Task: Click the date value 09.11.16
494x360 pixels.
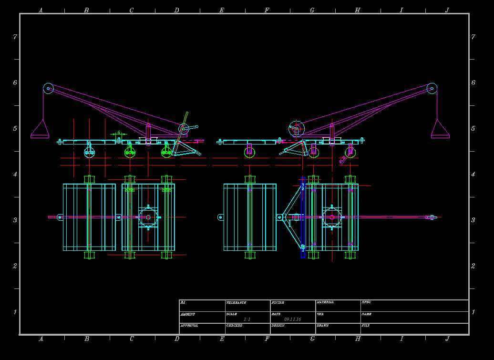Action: (x=292, y=319)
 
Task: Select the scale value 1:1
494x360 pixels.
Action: (x=247, y=319)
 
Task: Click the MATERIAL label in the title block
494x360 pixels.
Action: (x=325, y=302)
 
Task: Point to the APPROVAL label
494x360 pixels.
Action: (x=189, y=325)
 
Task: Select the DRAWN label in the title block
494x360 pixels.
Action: (x=323, y=325)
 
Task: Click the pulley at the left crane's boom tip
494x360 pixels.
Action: (x=48, y=88)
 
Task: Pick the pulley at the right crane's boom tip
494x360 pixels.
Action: (x=432, y=88)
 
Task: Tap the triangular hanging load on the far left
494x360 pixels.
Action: (x=40, y=130)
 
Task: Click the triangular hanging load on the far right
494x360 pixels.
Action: (x=440, y=130)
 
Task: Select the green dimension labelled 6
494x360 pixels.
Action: (x=118, y=133)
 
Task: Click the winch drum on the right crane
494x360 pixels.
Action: (x=296, y=128)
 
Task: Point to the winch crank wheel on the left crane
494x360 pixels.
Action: (x=184, y=128)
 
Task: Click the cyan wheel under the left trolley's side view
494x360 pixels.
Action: (x=89, y=152)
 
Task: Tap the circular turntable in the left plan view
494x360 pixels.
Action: (x=148, y=217)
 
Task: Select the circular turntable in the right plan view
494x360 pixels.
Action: (x=332, y=217)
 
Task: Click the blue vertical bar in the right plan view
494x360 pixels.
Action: (x=303, y=217)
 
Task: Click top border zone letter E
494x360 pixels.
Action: (x=222, y=10)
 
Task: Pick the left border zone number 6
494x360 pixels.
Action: (x=15, y=82)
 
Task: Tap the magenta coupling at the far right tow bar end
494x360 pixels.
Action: (x=431, y=217)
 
